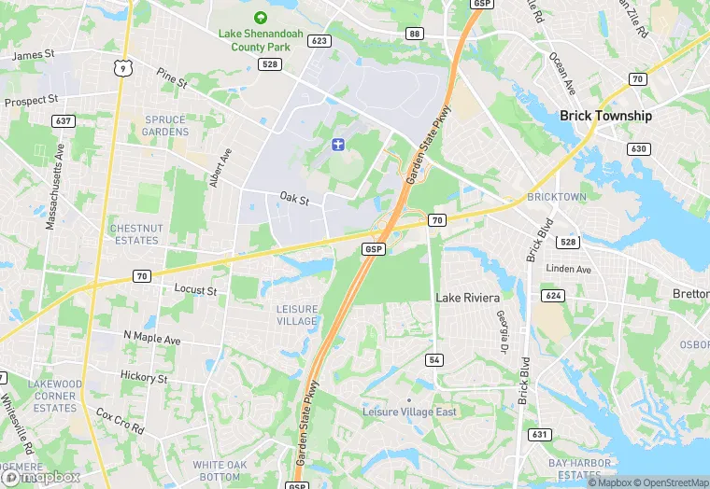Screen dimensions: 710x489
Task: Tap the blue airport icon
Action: coord(337,144)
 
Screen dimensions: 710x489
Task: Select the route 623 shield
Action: coord(320,40)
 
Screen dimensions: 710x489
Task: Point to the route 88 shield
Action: coord(414,34)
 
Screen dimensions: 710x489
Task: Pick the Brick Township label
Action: coord(605,116)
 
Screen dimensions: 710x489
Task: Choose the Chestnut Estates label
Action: coord(136,234)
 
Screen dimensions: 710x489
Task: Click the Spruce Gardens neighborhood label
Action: coord(166,126)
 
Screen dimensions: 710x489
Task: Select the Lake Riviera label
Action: coord(467,298)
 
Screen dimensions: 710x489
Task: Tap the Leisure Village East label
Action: coord(408,411)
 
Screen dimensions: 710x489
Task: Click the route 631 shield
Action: coord(539,434)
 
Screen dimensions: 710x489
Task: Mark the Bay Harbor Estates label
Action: coord(580,468)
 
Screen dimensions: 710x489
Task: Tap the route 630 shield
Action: coord(639,148)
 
